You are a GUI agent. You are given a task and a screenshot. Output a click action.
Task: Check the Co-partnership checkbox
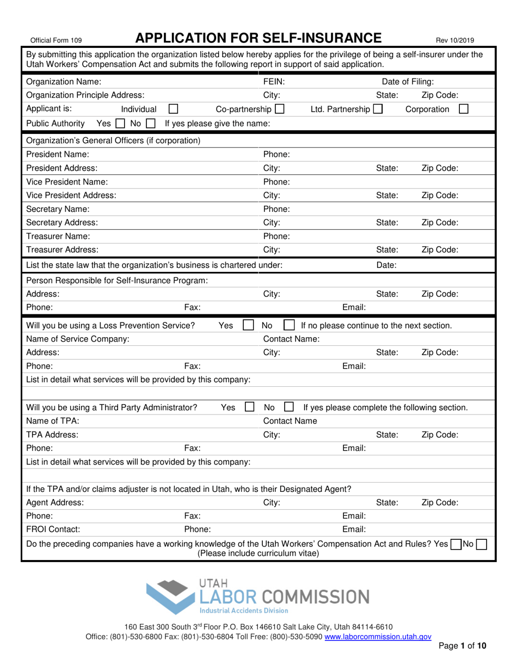click(279, 109)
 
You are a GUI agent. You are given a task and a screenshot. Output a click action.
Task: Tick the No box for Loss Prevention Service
click(290, 325)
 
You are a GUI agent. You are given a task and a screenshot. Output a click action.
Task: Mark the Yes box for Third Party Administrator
click(250, 406)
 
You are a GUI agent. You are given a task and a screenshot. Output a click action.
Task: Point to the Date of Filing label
click(408, 82)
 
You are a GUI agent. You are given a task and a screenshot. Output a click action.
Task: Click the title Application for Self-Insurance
click(258, 38)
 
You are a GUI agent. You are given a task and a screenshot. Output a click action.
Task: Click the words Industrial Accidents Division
click(243, 611)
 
